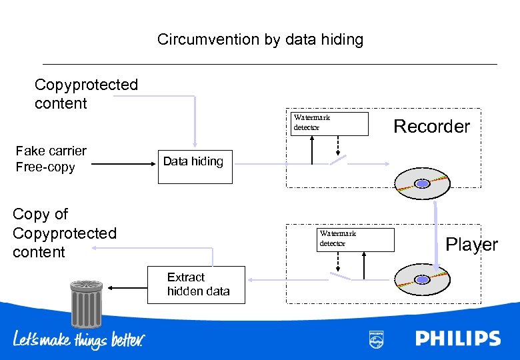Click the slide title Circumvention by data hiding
[x=260, y=39]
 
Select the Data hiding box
[x=195, y=167]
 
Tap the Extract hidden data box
[x=196, y=284]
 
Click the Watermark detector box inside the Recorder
[x=330, y=123]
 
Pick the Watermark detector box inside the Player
[x=356, y=239]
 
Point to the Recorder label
[x=431, y=126]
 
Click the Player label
[x=471, y=245]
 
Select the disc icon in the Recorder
[x=422, y=183]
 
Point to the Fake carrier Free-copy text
[x=51, y=159]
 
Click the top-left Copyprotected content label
[x=86, y=94]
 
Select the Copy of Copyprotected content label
[x=64, y=233]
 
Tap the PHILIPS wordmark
[x=457, y=338]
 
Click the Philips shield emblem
[x=377, y=339]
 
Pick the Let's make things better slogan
[x=79, y=339]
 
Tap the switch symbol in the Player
[x=339, y=275]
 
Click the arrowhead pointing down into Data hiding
[x=195, y=144]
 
